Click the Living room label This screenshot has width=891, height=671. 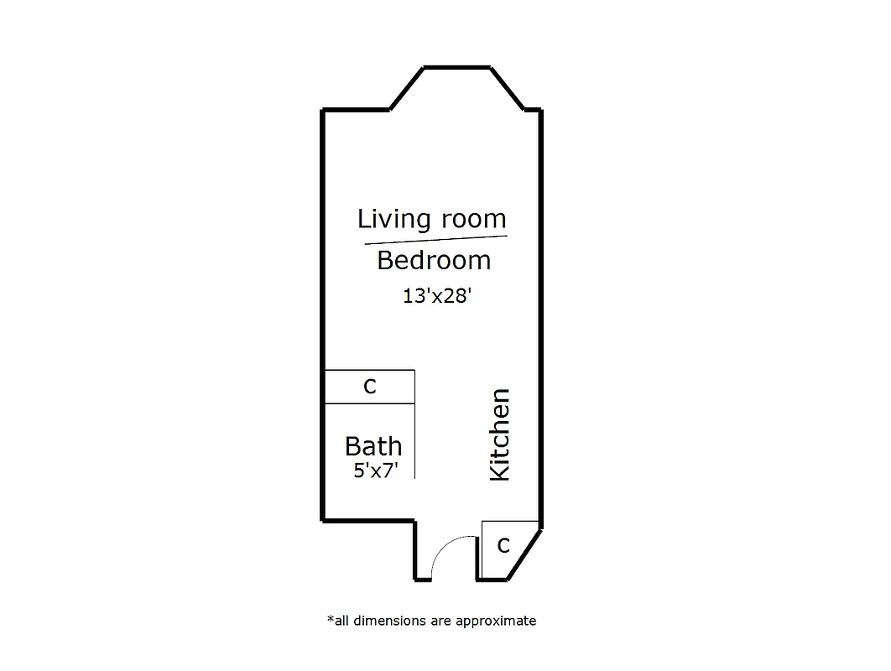(x=432, y=219)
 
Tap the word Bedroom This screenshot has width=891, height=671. (x=434, y=261)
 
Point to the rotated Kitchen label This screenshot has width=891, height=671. (x=499, y=434)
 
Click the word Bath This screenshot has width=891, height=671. (x=373, y=446)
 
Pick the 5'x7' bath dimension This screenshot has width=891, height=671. (x=374, y=471)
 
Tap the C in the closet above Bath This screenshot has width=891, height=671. (x=369, y=387)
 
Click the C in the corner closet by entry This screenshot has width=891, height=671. (x=503, y=546)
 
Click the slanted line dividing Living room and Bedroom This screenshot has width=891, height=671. (x=436, y=240)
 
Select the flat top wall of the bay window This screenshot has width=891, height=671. (x=456, y=67)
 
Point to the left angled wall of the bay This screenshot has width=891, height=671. (x=407, y=88)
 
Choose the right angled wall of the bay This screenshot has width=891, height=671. (x=508, y=88)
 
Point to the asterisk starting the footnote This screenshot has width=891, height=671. (x=330, y=619)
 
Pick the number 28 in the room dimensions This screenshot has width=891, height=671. (x=458, y=296)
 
